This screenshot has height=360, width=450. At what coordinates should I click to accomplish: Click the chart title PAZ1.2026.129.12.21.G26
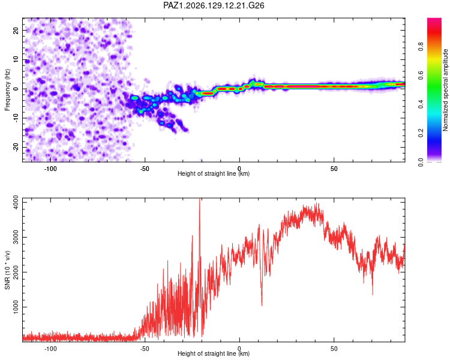(214, 5)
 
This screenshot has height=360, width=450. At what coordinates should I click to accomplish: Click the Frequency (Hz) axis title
(7, 89)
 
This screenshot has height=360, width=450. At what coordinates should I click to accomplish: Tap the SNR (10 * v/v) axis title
(7, 270)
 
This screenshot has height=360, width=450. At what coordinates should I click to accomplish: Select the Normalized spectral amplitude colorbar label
(445, 90)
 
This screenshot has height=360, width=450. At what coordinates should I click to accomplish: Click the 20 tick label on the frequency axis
(16, 31)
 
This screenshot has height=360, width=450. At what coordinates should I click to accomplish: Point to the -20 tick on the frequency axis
(16, 147)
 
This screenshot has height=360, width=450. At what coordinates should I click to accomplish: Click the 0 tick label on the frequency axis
(16, 89)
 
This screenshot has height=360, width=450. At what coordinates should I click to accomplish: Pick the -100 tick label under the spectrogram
(50, 169)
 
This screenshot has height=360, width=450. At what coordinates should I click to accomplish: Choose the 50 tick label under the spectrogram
(334, 169)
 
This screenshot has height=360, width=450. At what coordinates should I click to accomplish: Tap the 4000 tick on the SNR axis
(16, 202)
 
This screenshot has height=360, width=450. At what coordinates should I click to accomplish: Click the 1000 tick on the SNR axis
(16, 307)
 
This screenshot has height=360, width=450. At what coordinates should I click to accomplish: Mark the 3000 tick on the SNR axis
(16, 237)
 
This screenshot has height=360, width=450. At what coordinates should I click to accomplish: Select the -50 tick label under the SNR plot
(145, 349)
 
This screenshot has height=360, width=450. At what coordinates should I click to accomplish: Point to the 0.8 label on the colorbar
(421, 46)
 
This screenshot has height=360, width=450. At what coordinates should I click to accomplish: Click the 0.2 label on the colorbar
(421, 133)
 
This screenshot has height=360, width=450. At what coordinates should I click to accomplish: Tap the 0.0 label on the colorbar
(421, 162)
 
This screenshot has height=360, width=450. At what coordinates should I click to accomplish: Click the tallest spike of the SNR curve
(200, 199)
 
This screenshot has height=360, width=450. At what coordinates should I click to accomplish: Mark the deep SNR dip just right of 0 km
(262, 305)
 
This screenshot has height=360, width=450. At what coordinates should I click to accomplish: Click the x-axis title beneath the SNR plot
(214, 353)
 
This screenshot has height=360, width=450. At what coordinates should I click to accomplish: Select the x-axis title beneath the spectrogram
(214, 173)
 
